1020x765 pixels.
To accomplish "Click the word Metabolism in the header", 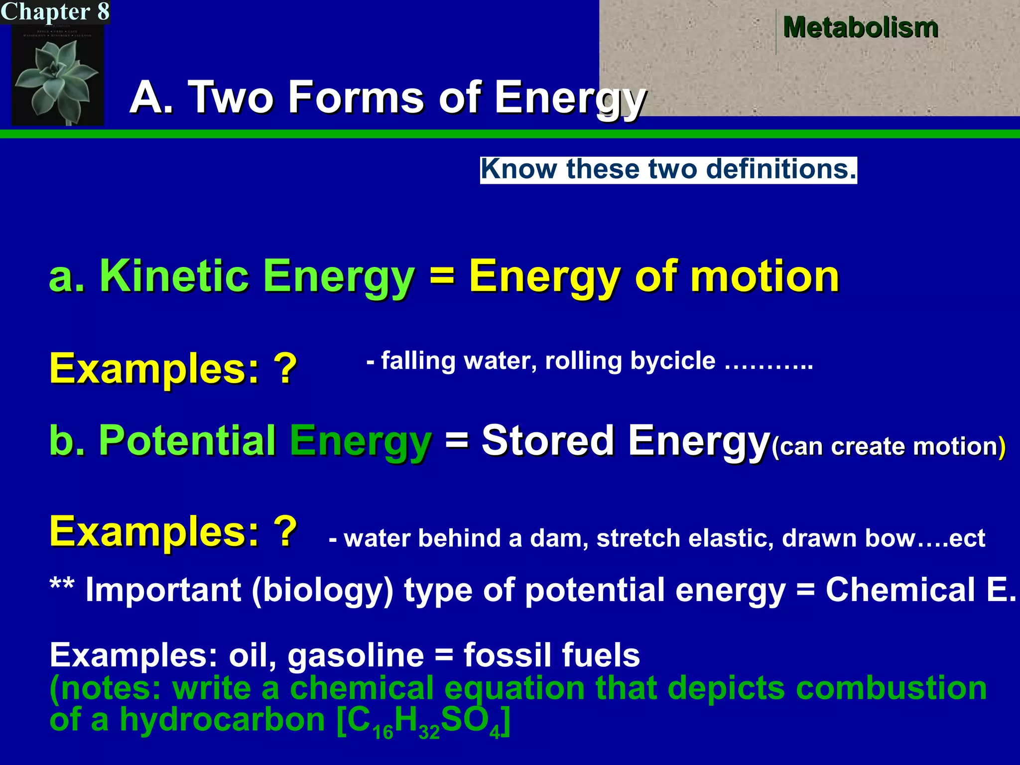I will (x=861, y=27).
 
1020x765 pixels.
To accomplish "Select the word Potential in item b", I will (x=187, y=440).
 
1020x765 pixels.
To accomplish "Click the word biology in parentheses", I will (x=323, y=590).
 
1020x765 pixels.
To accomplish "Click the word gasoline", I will (x=356, y=655).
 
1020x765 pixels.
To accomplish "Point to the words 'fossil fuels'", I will (x=552, y=655).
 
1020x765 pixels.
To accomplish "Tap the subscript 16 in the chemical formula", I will (x=383, y=732).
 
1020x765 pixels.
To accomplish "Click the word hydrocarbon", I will (x=222, y=720).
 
